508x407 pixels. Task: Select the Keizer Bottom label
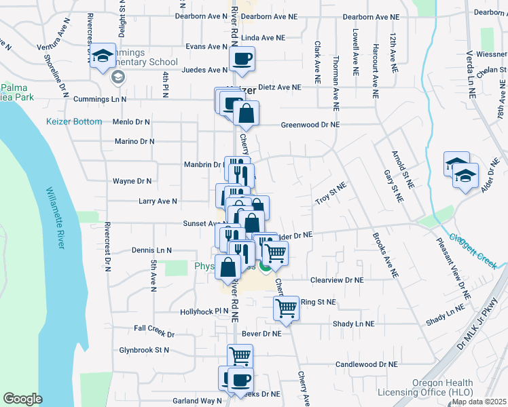click(73, 122)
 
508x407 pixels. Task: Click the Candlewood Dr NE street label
click(366, 364)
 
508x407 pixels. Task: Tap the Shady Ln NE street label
click(353, 324)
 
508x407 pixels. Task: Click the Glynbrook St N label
click(143, 350)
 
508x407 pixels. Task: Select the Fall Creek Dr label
click(154, 334)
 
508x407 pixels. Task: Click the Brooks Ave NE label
click(384, 256)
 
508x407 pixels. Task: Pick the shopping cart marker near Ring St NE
click(286, 307)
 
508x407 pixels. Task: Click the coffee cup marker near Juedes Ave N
click(242, 58)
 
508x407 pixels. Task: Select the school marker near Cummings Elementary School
click(103, 56)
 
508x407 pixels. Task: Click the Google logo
click(22, 399)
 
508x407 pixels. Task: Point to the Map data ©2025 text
click(479, 402)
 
